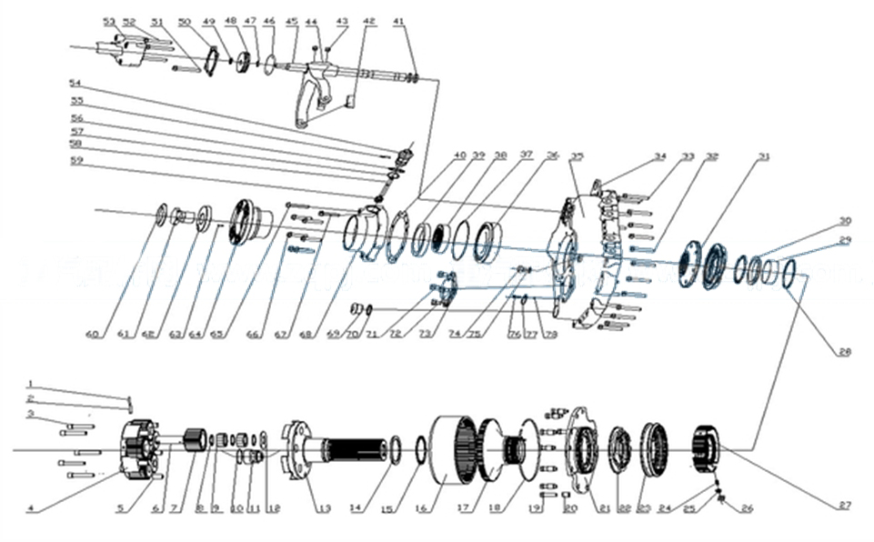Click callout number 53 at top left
coord(109,20)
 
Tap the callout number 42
coord(368,20)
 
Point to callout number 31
coord(763,156)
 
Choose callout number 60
coord(91,335)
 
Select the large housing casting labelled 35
coord(582,255)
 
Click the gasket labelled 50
coord(209,62)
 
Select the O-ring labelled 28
coord(789,271)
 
